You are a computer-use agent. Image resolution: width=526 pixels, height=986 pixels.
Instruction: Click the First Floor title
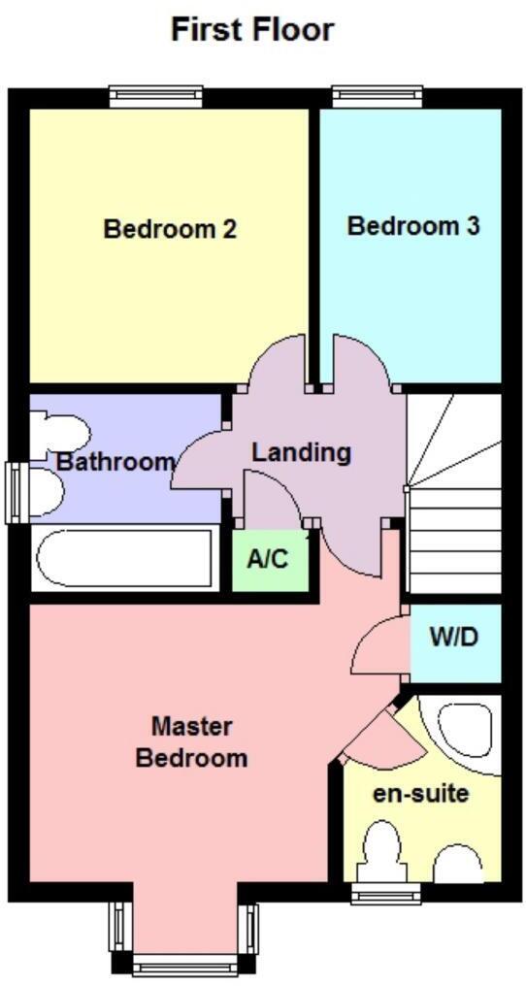click(252, 29)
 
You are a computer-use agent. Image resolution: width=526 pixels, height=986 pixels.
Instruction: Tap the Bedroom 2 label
click(171, 230)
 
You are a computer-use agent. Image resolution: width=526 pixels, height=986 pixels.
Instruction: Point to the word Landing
click(301, 452)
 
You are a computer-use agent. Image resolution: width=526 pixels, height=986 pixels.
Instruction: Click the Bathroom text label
click(115, 462)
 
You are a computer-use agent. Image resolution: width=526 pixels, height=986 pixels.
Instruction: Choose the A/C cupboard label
click(270, 560)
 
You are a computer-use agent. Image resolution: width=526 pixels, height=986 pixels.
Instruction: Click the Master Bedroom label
click(191, 742)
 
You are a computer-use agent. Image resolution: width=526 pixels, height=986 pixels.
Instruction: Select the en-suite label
click(421, 793)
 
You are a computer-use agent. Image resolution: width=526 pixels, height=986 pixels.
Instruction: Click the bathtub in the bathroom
click(123, 558)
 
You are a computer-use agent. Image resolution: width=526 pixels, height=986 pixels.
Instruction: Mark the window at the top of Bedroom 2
click(154, 95)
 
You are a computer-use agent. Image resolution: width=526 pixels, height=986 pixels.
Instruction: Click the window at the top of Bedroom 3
click(377, 95)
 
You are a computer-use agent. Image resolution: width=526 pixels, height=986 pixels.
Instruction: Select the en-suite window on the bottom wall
click(379, 894)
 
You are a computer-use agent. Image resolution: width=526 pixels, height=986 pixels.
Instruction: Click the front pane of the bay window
click(184, 965)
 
